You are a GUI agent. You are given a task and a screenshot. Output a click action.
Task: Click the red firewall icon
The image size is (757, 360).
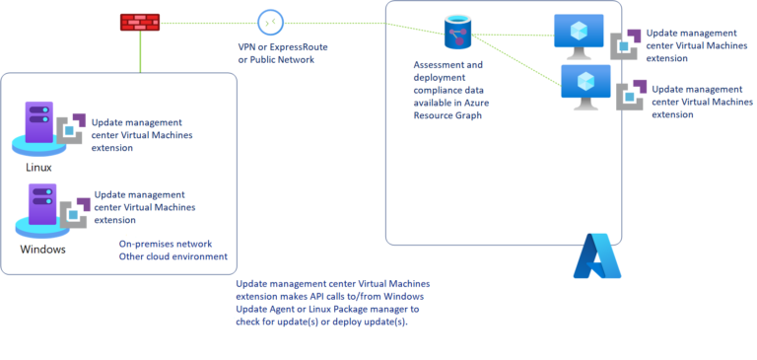pos(140,21)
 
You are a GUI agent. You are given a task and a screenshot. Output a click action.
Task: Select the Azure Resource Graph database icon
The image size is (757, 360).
pos(456,33)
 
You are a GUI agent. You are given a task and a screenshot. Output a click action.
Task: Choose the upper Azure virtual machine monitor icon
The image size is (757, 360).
pos(578,32)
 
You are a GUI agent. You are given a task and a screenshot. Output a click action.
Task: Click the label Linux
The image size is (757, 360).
pos(37,168)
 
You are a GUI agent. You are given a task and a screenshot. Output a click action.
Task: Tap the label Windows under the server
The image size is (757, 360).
pos(43,249)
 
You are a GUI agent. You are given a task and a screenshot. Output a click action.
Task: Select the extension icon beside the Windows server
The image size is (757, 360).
pos(74,212)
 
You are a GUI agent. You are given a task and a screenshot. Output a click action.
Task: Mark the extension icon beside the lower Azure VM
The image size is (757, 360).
pos(632,96)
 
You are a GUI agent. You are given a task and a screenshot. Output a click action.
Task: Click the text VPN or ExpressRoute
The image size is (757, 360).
pos(283,47)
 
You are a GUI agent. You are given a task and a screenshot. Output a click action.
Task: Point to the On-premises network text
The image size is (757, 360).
pos(166,243)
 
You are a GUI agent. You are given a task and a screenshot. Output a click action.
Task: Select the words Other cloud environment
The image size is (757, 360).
pos(172,256)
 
